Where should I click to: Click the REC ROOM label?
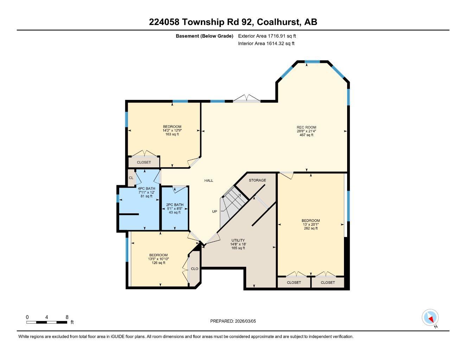[306, 127]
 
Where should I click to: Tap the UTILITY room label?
[238, 240]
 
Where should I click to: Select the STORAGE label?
[257, 180]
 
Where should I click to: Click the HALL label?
[209, 181]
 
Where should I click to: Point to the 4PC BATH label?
[146, 188]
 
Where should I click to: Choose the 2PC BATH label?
[174, 205]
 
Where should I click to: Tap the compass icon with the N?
[430, 318]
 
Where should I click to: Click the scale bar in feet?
[47, 322]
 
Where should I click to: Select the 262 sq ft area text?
[311, 228]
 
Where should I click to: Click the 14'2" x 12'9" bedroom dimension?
[172, 130]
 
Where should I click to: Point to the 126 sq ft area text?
[158, 263]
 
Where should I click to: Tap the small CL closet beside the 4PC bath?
[131, 178]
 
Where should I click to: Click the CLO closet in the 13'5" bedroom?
[194, 269]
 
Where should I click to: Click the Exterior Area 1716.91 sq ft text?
[267, 36]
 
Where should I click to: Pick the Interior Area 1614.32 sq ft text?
[266, 44]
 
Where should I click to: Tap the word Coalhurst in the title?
[279, 22]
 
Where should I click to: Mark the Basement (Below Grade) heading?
[204, 36]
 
